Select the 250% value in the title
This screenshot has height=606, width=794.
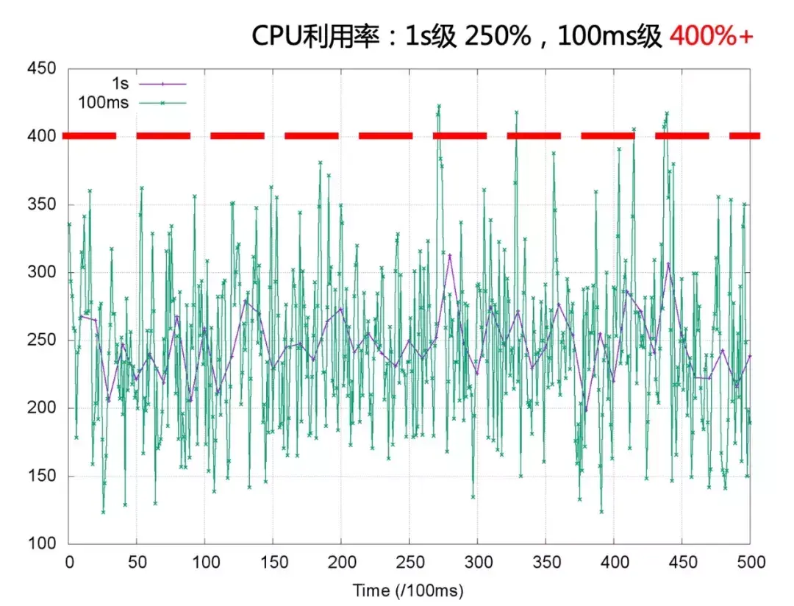point(496,35)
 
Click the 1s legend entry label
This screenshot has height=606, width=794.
point(119,85)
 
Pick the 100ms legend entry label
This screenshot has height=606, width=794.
point(103,103)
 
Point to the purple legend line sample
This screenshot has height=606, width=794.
point(162,85)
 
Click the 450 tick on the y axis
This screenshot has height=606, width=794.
point(42,68)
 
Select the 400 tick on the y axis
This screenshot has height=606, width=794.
point(42,136)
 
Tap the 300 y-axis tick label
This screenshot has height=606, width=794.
point(42,272)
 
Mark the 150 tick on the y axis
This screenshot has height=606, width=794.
point(42,476)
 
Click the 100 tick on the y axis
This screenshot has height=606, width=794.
point(42,543)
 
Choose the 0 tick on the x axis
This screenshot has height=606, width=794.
point(69,563)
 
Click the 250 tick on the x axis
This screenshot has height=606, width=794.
point(409,563)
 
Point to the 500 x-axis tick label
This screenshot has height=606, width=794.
point(750,563)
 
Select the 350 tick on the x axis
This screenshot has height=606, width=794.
point(546,563)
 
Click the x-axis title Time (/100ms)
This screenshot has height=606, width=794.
point(408,590)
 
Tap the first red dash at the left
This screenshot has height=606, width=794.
point(89,136)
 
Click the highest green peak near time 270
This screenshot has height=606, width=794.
point(439,106)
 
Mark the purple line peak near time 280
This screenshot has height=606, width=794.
point(450,255)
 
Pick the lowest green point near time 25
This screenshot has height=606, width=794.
point(103,511)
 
